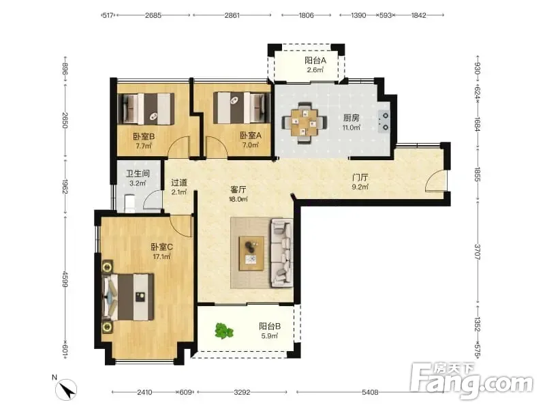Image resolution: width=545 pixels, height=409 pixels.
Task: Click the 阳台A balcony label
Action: coord(315,61)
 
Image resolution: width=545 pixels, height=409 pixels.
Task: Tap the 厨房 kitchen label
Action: coord(351,118)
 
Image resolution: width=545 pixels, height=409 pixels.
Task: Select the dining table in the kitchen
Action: coord(304,123)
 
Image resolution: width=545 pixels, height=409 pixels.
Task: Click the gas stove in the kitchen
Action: coord(384,121)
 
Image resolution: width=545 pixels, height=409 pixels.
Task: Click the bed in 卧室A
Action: coord(242,108)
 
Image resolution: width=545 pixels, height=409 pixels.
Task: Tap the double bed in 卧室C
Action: coord(128,297)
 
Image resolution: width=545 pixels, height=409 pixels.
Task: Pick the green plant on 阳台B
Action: coord(223,331)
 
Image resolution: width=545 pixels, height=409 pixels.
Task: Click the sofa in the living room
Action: coord(282,253)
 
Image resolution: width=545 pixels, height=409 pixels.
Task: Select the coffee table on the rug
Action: coord(251,253)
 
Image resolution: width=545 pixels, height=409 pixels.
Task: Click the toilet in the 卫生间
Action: coord(129,203)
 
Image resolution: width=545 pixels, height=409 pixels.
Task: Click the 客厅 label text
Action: coord(238,190)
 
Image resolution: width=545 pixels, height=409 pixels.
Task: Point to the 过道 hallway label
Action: coord(179,183)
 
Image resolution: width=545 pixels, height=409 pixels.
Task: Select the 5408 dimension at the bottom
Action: coord(370,393)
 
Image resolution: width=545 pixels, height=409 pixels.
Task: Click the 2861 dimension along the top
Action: coord(232,15)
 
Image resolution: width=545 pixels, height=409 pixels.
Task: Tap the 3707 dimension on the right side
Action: coord(478,252)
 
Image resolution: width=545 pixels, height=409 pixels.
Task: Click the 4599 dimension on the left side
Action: coord(65,279)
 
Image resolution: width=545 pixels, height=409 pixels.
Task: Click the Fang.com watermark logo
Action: coord(471,381)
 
